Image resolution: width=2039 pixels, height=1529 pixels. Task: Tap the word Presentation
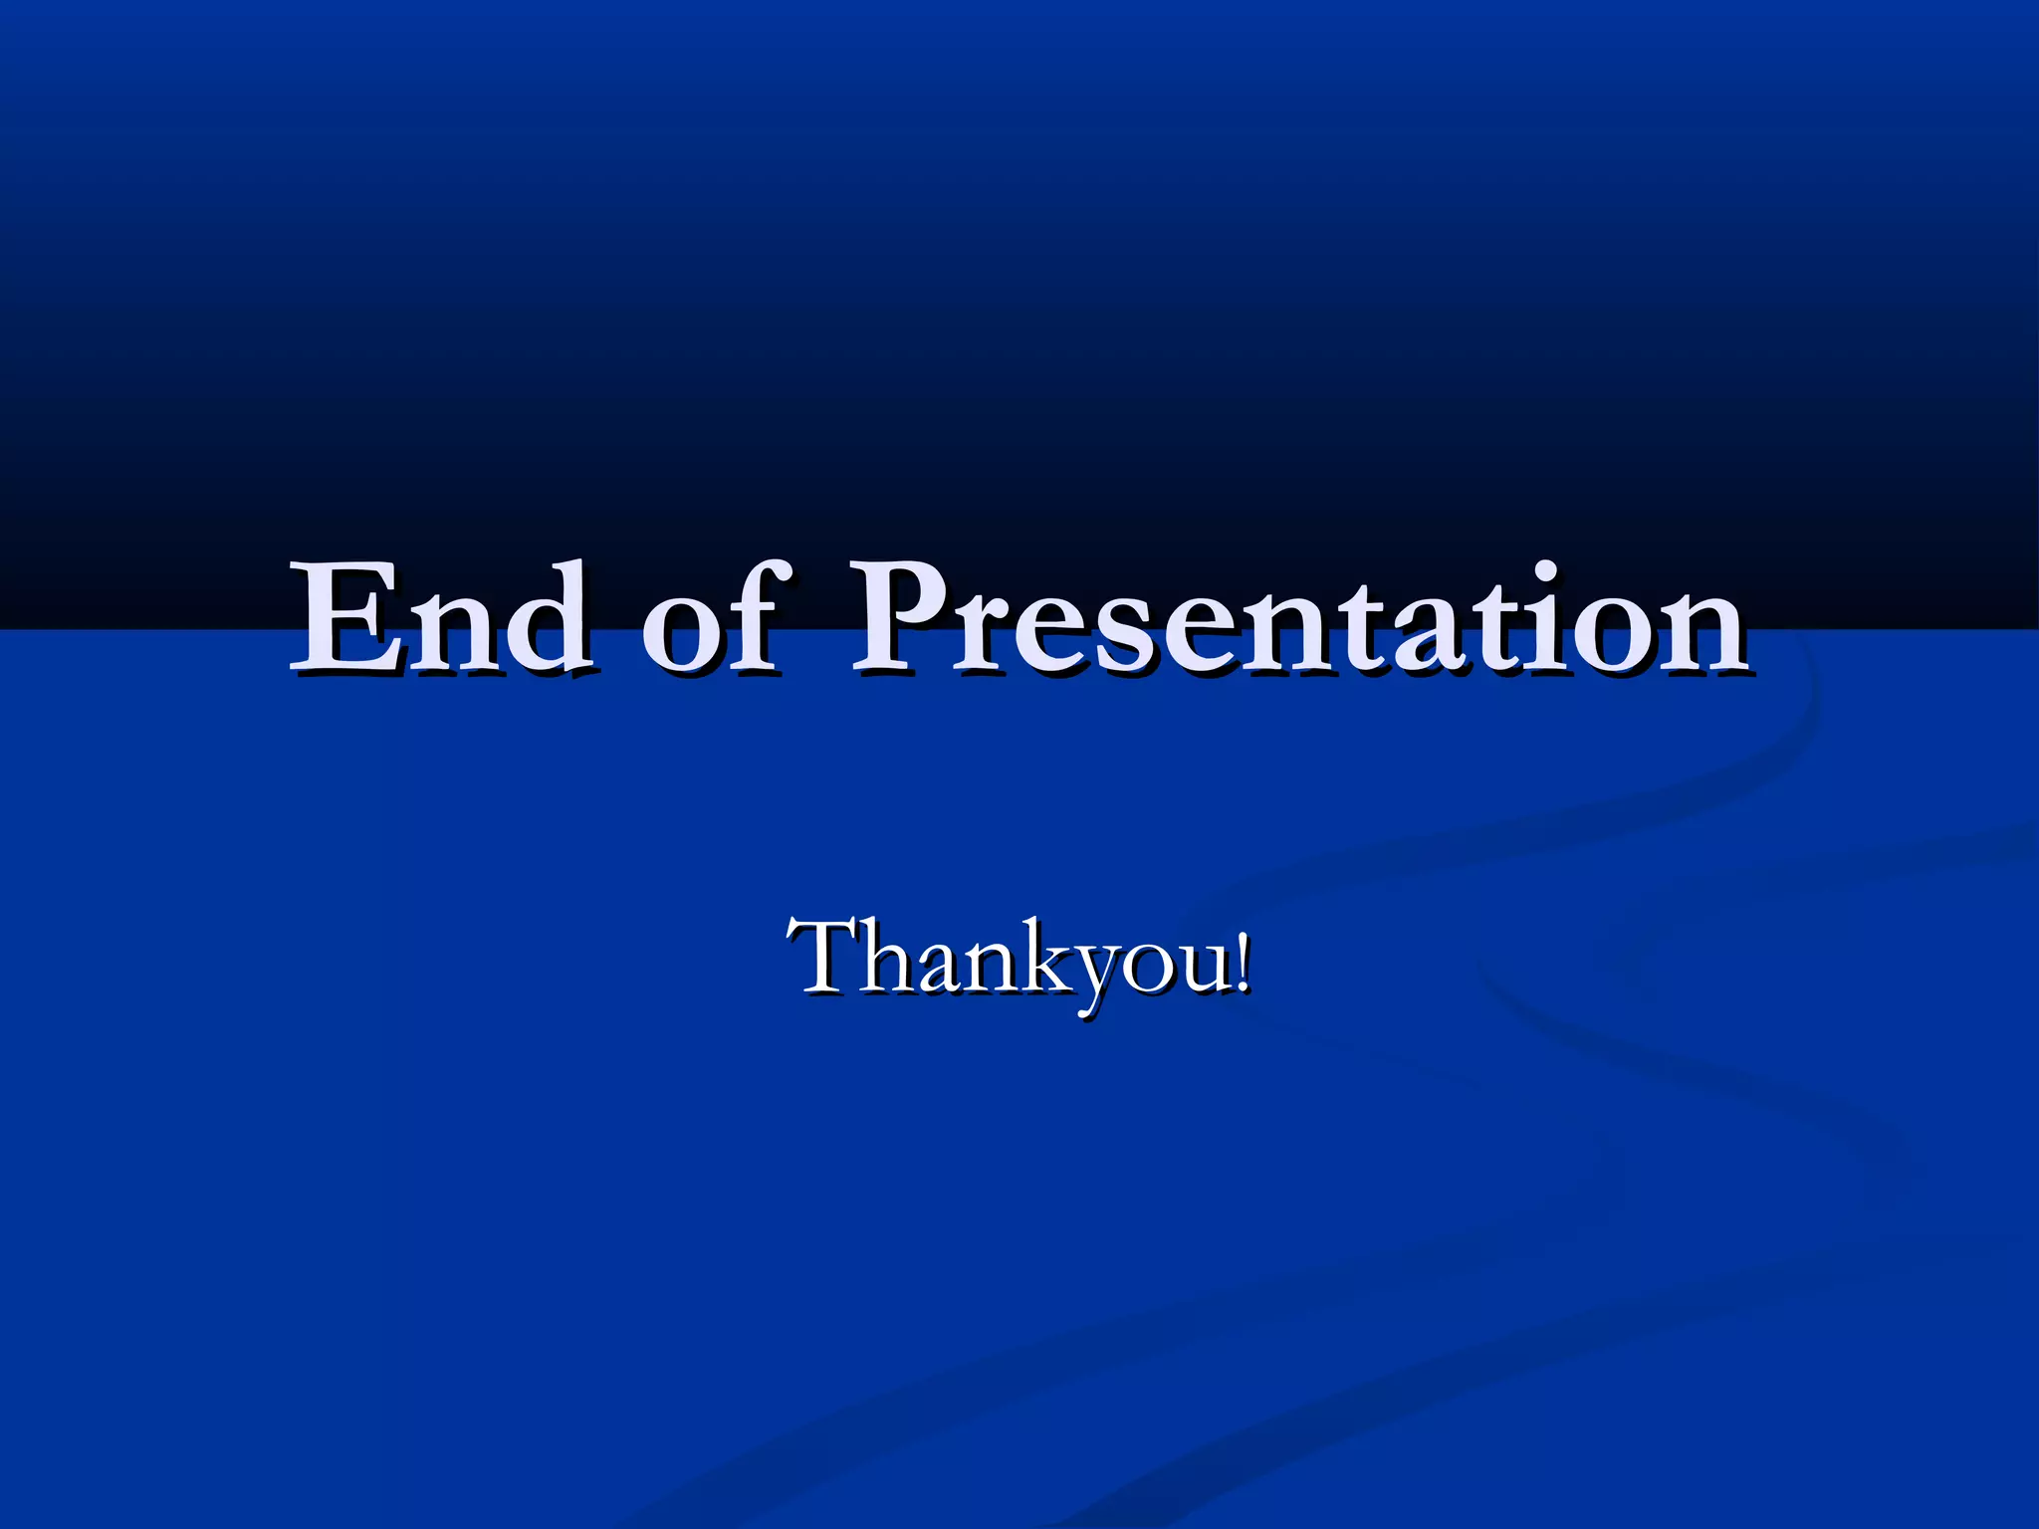1299,619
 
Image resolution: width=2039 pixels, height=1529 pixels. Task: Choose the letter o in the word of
682,632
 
